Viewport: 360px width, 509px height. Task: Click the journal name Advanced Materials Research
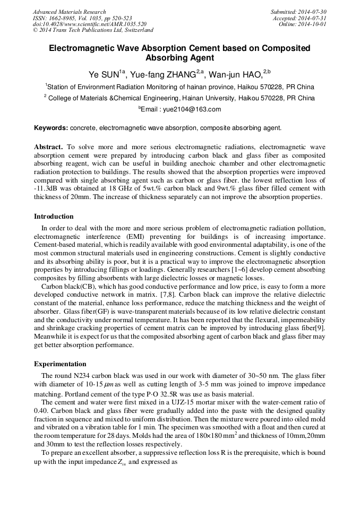[69, 12]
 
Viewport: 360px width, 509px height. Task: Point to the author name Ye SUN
[106, 74]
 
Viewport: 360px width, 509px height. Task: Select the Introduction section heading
[54, 217]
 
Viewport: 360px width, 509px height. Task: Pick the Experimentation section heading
[60, 364]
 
